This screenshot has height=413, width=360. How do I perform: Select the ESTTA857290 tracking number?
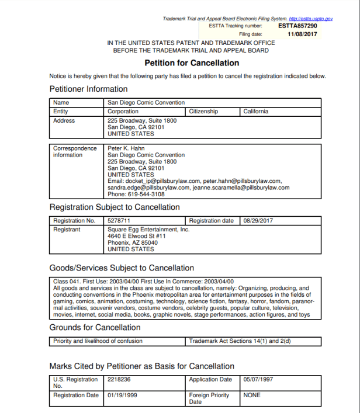coord(297,26)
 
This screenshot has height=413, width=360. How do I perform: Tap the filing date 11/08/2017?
coord(302,34)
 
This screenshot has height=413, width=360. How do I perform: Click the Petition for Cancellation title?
coord(192,63)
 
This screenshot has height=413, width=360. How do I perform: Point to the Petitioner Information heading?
coord(88,89)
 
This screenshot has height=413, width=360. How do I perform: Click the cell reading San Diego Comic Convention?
coord(146,103)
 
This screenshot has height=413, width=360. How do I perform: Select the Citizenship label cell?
coord(203,111)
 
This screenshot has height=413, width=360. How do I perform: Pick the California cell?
coord(256,111)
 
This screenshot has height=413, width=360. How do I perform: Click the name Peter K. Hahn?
coord(126,148)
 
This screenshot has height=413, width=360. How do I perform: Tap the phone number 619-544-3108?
coord(146,195)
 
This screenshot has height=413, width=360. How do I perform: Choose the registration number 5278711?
coord(119,221)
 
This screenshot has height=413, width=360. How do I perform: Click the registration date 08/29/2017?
coord(260,221)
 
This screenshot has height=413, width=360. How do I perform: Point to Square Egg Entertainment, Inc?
coord(148,230)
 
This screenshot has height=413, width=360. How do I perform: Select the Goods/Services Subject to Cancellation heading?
coord(122,268)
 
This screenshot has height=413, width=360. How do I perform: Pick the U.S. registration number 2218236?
coord(119,379)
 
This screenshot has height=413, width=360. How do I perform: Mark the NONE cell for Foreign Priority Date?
coord(252,395)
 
